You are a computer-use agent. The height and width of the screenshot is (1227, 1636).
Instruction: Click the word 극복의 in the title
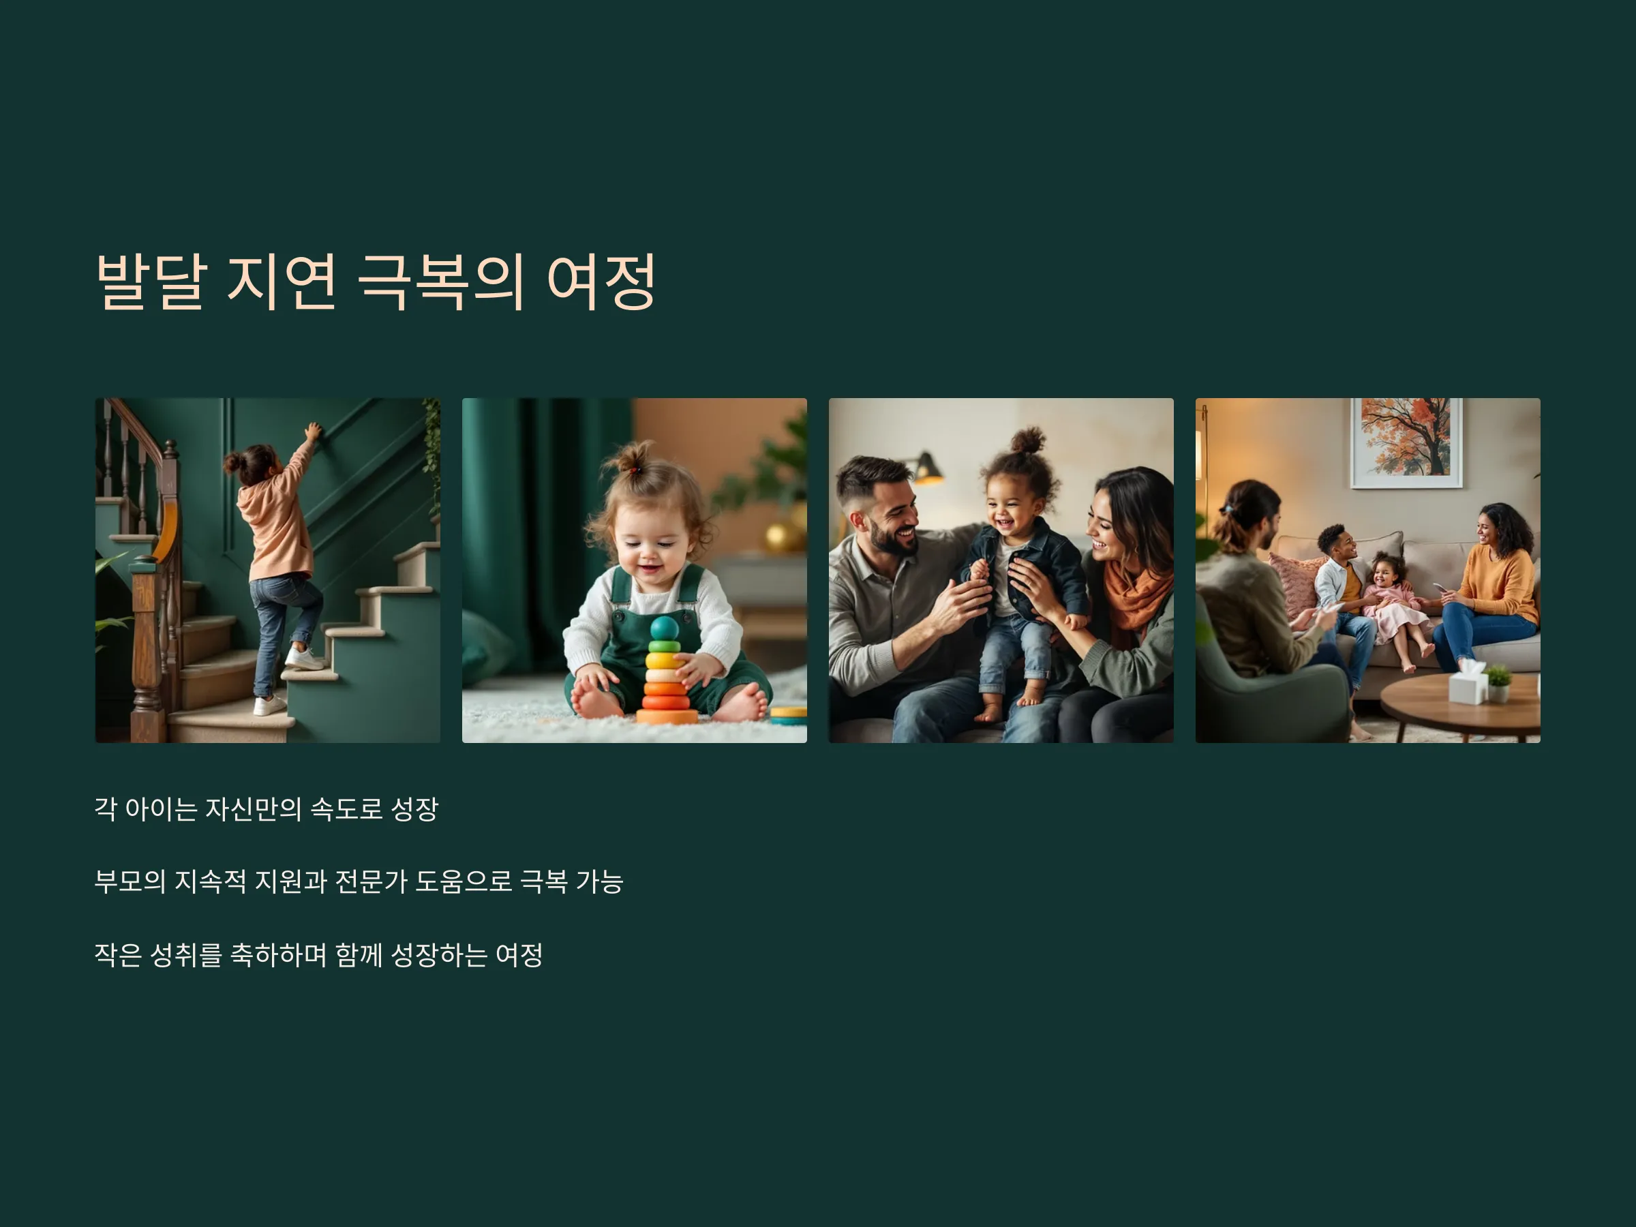pyautogui.click(x=441, y=282)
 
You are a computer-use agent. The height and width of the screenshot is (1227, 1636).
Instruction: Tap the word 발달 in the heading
pyautogui.click(x=150, y=282)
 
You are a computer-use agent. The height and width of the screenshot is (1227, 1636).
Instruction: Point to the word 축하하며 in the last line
pyautogui.click(x=278, y=954)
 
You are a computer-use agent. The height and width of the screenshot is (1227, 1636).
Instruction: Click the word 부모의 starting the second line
pyautogui.click(x=130, y=881)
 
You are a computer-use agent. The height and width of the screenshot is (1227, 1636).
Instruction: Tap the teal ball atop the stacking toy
pyautogui.click(x=664, y=628)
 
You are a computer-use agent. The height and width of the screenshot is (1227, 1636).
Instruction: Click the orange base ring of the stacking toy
pyautogui.click(x=667, y=716)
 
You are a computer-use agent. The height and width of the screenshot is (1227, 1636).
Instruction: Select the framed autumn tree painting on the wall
pyautogui.click(x=1406, y=442)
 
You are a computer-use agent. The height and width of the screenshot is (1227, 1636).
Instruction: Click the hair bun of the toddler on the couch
pyautogui.click(x=1028, y=441)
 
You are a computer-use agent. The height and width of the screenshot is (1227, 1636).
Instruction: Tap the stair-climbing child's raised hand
pyautogui.click(x=314, y=431)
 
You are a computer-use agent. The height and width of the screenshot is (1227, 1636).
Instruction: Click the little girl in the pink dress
pyautogui.click(x=1396, y=606)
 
